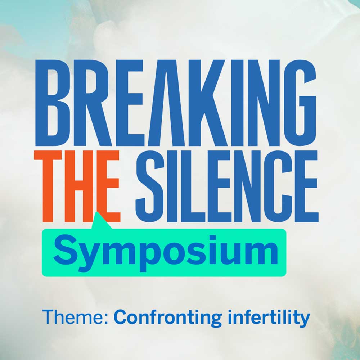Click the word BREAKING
tap(176, 103)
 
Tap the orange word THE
tap(77, 186)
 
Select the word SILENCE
tap(227, 186)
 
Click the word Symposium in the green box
tap(166, 253)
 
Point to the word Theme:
tap(75, 317)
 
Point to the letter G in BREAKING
tap(300, 103)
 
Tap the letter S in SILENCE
tap(150, 186)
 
